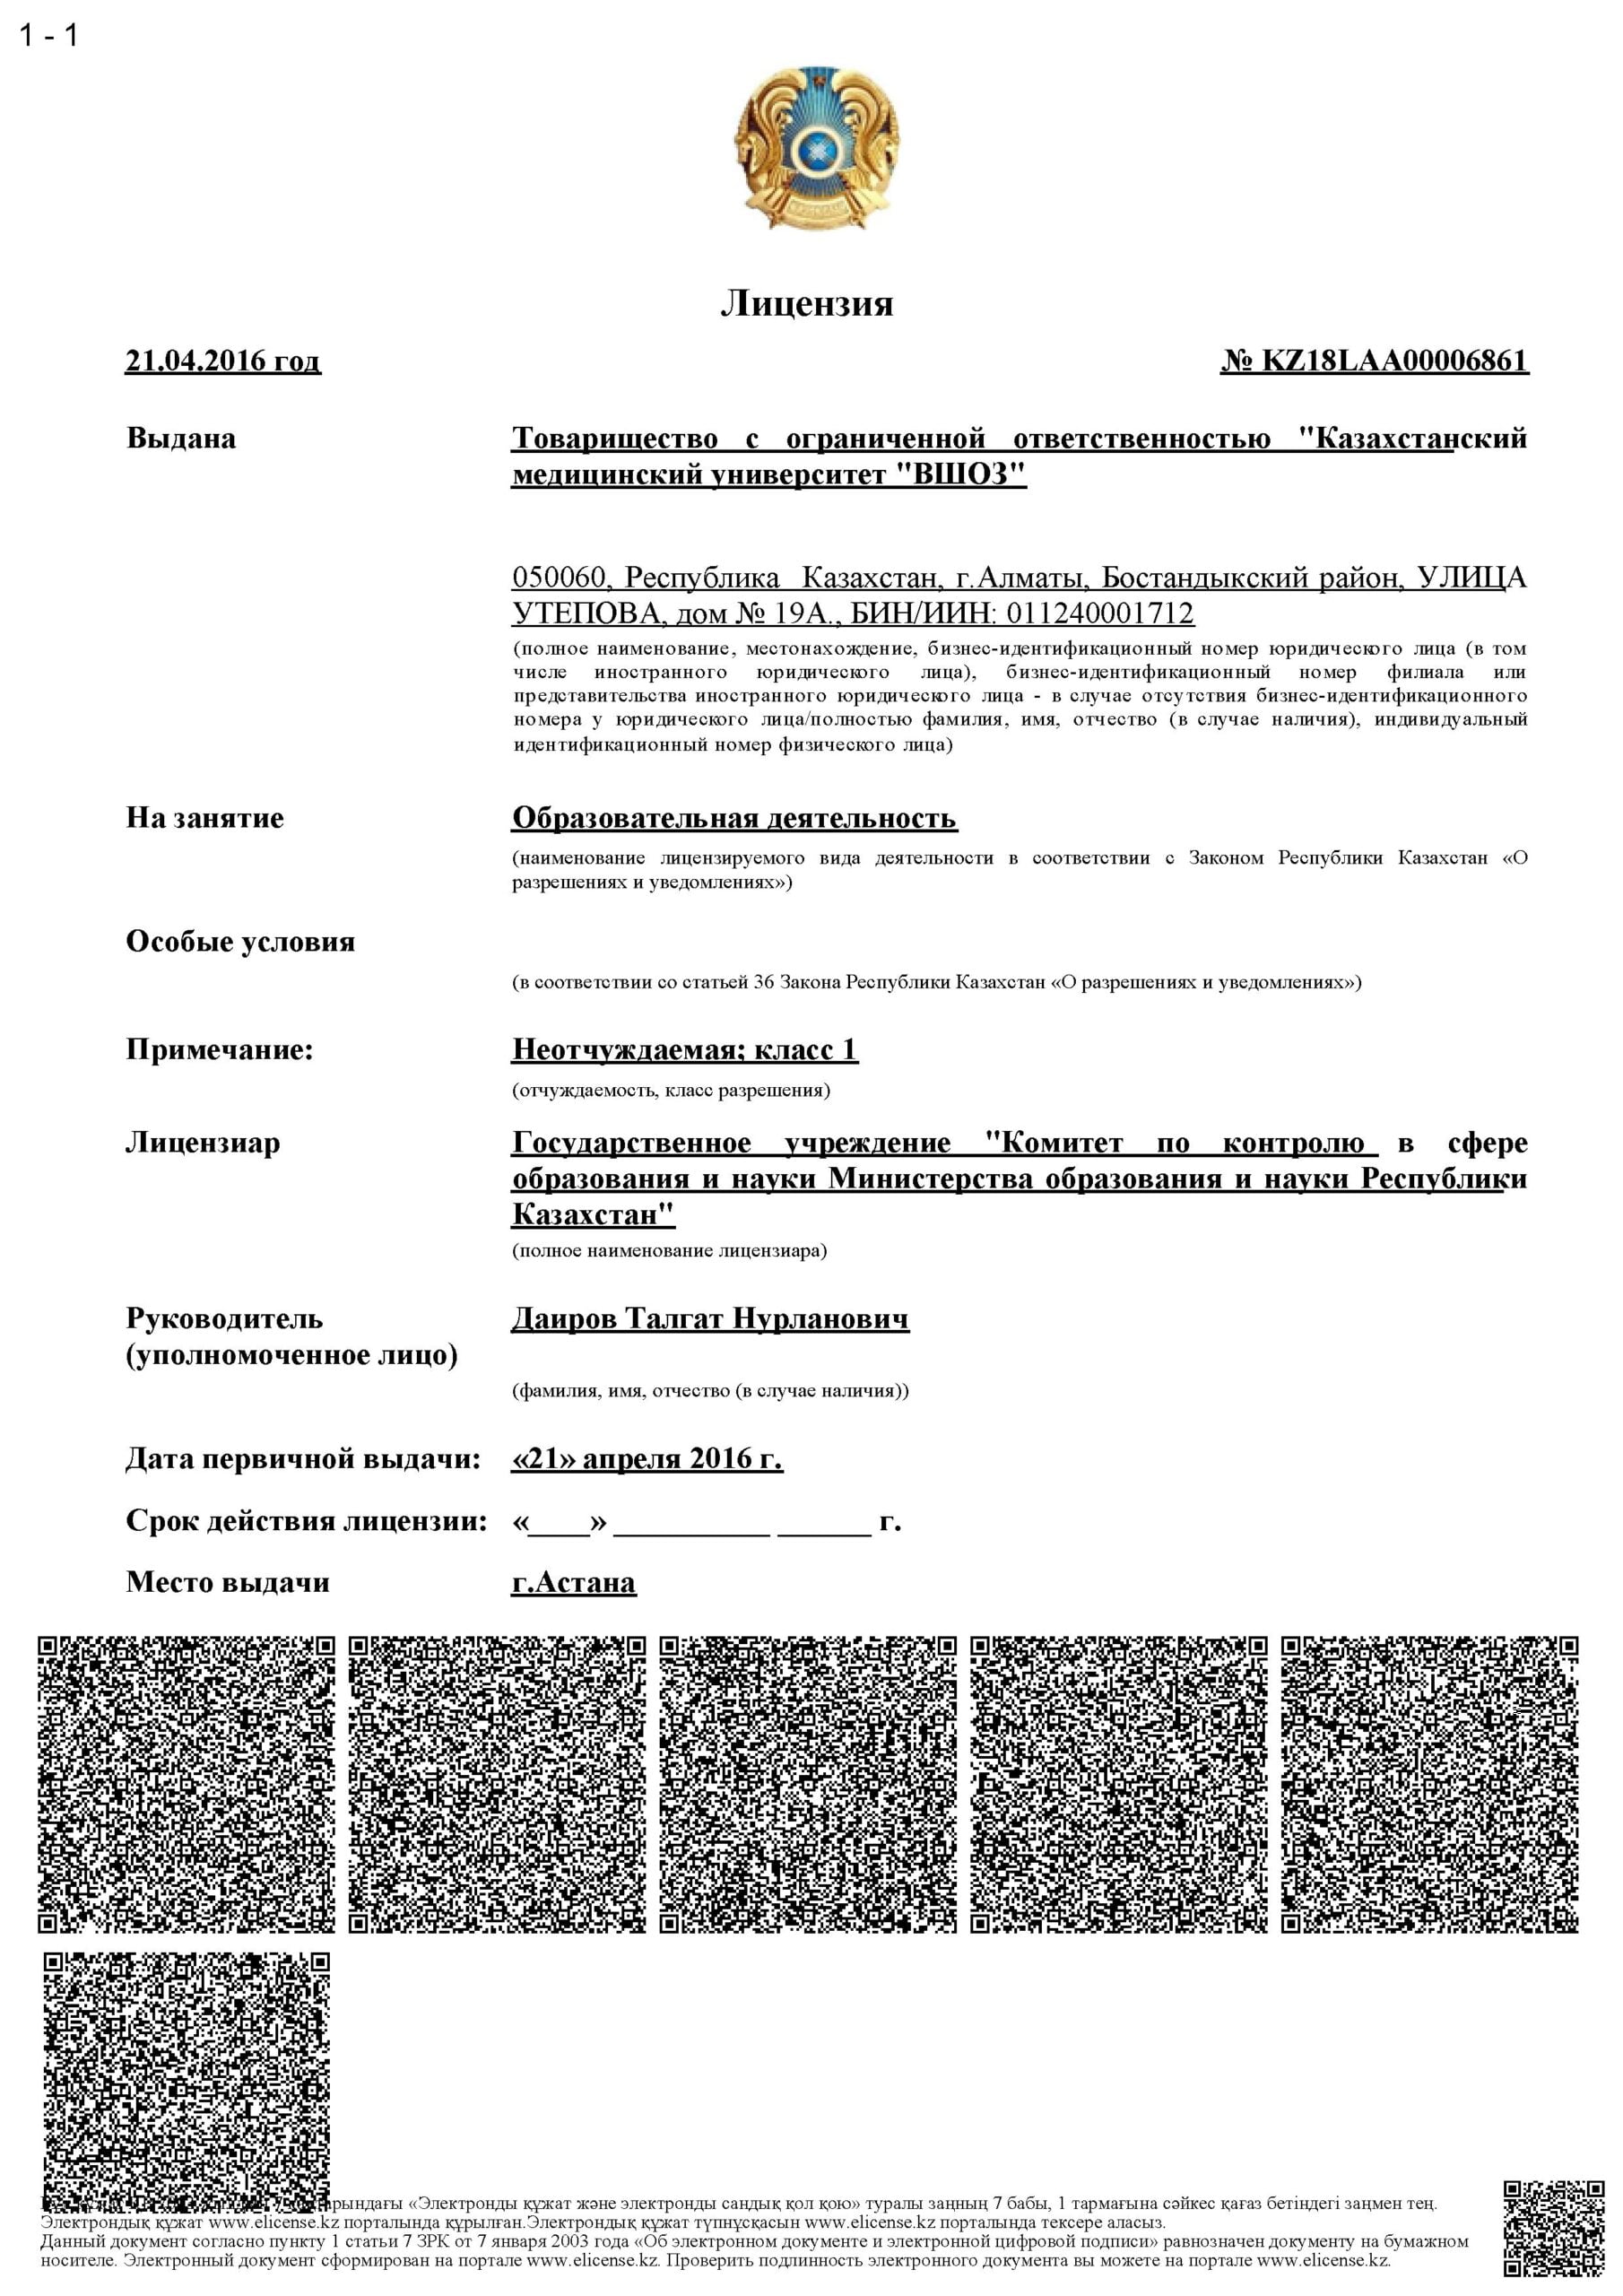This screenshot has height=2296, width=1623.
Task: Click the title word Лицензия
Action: (806, 303)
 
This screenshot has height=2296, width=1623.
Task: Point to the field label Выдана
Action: (181, 438)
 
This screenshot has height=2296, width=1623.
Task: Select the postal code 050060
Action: (559, 577)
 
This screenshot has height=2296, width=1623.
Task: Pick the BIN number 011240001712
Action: (1100, 613)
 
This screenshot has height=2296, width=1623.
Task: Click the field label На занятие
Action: (204, 818)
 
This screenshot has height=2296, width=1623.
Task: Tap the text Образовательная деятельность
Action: (734, 818)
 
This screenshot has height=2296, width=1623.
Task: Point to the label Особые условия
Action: (240, 942)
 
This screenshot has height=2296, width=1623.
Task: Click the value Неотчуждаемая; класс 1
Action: (685, 1049)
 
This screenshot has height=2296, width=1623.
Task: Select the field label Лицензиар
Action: (202, 1142)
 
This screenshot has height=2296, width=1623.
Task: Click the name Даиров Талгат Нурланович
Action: (710, 1318)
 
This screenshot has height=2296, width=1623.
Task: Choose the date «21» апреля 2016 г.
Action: (647, 1459)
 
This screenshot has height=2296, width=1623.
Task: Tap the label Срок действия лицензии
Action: (306, 1521)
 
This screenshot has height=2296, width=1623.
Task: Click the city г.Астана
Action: (573, 1583)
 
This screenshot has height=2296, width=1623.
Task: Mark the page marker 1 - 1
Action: (48, 36)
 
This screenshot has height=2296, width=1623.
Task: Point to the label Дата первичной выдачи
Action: (303, 1459)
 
